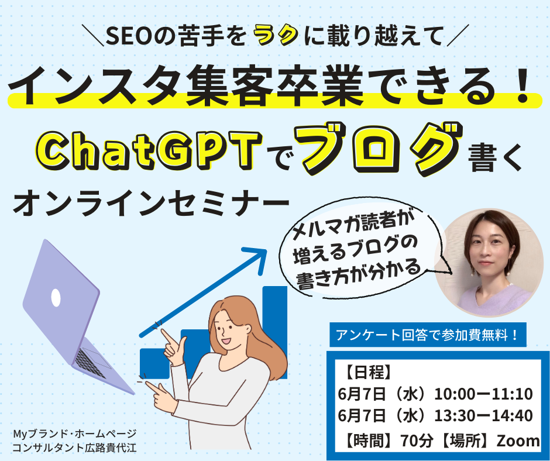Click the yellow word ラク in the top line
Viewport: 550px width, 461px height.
tap(276, 36)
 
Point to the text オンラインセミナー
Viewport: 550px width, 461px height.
tap(151, 203)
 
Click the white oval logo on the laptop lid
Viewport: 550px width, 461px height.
tap(56, 298)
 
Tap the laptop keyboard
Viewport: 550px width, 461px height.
tap(90, 363)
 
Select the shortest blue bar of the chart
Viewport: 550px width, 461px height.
tap(154, 363)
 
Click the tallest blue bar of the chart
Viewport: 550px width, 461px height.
tap(275, 332)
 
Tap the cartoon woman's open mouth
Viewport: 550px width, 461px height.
tap(225, 340)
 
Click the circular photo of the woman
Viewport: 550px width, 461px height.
tap(489, 263)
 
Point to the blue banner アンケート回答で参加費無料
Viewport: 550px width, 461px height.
tap(428, 335)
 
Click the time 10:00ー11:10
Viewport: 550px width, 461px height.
tap(484, 394)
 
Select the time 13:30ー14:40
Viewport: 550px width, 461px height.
tap(484, 416)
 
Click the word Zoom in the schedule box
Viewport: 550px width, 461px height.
tap(518, 441)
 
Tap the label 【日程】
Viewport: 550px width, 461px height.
tap(367, 372)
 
